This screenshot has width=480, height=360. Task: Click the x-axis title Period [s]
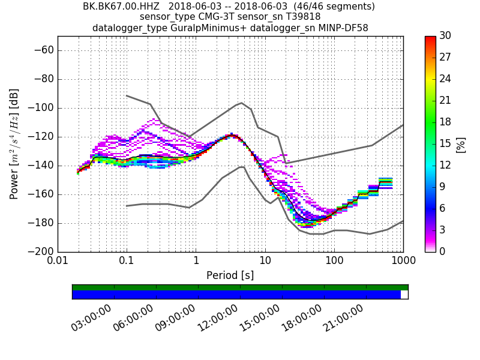(x=230, y=275)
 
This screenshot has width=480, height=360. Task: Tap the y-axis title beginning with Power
(x=14, y=144)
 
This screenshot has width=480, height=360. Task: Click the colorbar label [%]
(x=461, y=144)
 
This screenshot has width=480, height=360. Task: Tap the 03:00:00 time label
(x=91, y=318)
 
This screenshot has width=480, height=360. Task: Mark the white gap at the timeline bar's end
(x=404, y=295)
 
